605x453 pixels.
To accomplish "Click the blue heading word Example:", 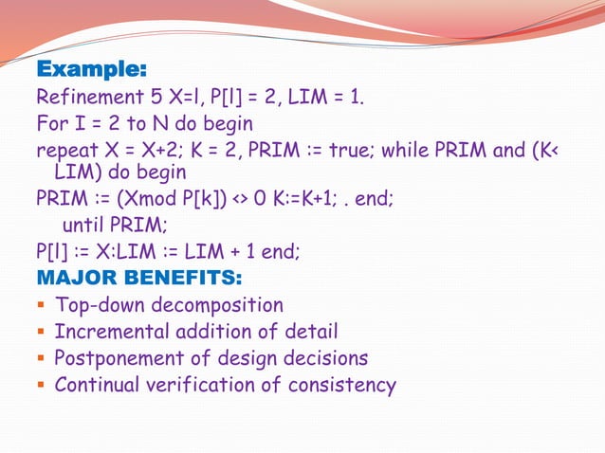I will (x=91, y=70).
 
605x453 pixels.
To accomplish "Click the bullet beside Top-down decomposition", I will (x=41, y=305).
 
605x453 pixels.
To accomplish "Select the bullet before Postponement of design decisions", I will (x=41, y=358).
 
